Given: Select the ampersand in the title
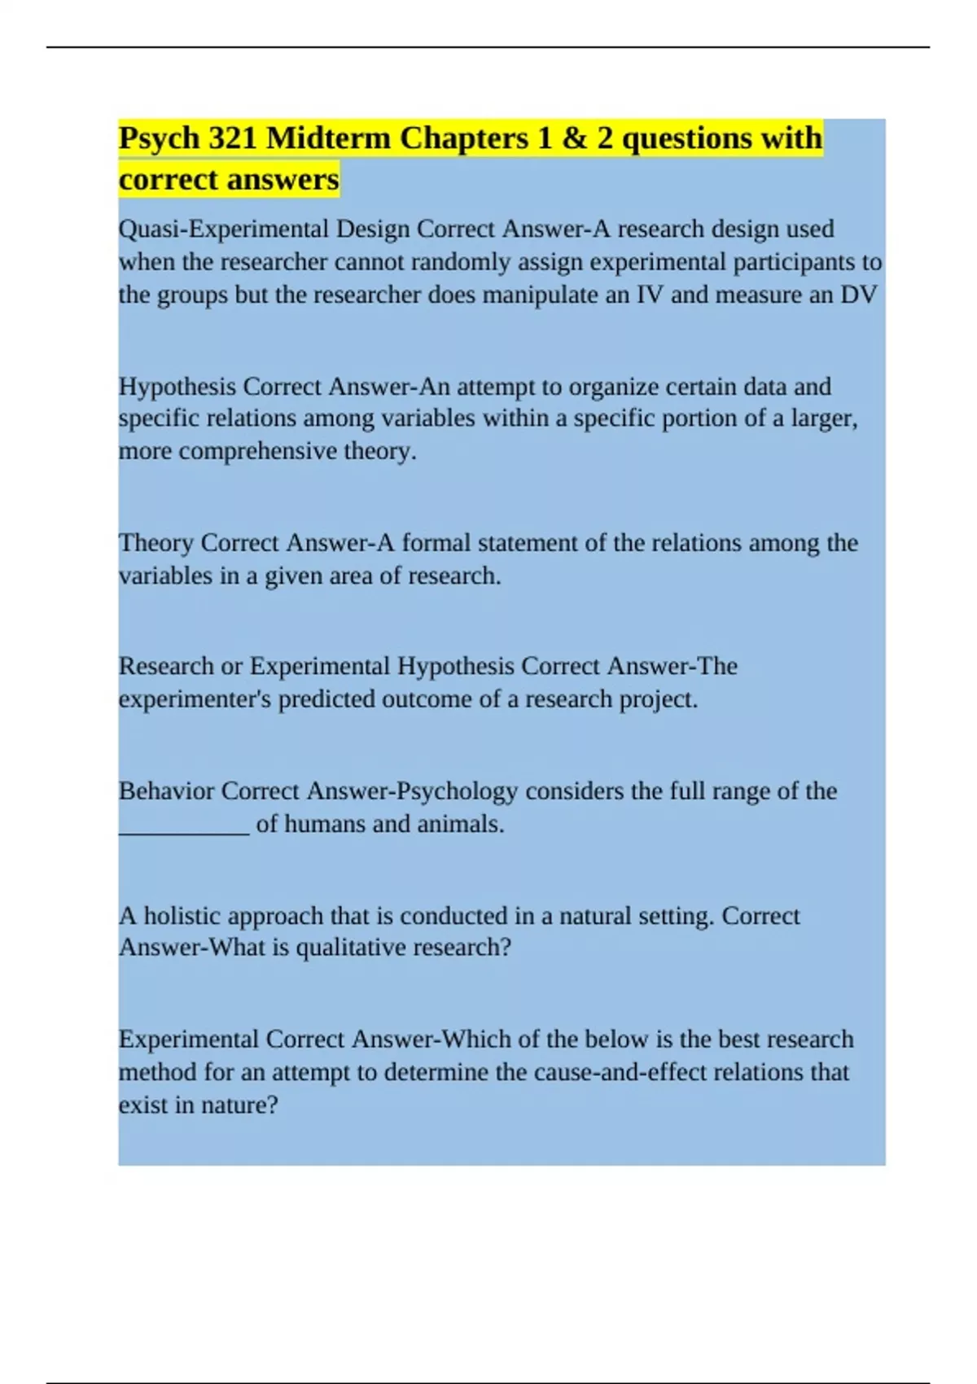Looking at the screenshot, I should point(575,138).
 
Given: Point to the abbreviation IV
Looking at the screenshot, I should point(650,295).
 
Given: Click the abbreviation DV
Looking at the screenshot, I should point(859,295).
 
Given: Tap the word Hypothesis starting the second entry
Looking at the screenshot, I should point(177,387).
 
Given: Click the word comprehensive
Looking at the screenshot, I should point(258,451).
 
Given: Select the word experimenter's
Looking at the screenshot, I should point(195,699).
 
